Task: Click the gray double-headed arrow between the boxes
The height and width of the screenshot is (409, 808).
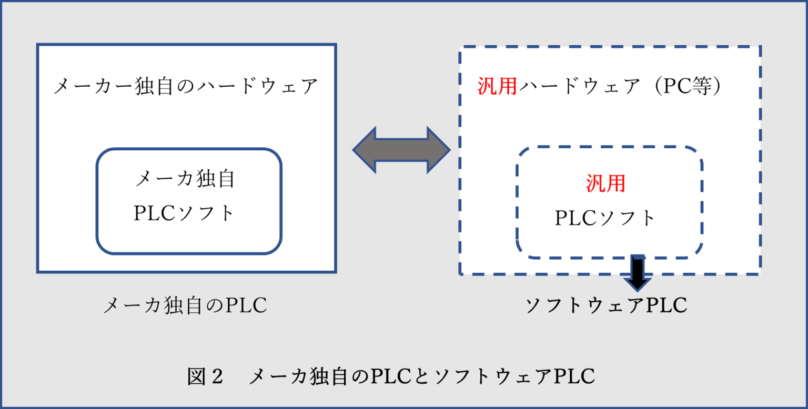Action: (401, 150)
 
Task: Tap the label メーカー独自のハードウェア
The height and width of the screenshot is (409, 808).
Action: (186, 86)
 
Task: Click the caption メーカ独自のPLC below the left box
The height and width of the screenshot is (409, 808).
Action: (185, 305)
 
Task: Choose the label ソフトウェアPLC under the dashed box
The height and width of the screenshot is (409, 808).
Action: (606, 305)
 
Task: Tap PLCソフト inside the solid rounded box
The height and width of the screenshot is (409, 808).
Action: (185, 213)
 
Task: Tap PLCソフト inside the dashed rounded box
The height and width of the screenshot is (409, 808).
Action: (606, 218)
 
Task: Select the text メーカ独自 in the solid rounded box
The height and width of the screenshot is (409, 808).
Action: (185, 179)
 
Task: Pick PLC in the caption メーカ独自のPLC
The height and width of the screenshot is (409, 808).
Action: (246, 305)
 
